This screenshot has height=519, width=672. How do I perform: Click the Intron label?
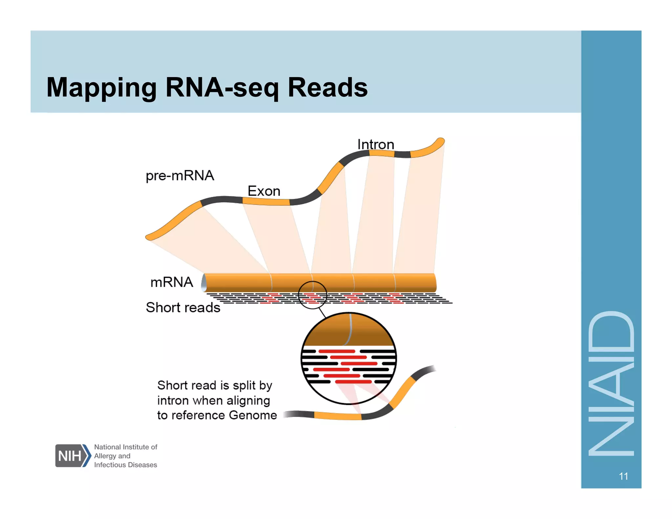tap(376, 144)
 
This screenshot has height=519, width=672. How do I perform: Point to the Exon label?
tap(264, 191)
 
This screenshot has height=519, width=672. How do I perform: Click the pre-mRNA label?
tap(180, 176)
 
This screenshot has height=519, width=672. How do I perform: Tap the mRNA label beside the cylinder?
tap(172, 282)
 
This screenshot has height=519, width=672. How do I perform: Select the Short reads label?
tap(183, 307)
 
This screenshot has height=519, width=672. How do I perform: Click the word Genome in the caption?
tap(253, 415)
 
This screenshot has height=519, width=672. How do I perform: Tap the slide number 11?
tap(623, 476)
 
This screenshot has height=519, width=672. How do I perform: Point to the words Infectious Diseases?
tap(125, 465)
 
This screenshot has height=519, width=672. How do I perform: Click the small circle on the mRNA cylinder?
tap(312, 295)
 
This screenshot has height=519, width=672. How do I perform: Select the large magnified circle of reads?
tap(349, 358)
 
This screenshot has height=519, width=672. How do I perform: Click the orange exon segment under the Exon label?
tap(266, 201)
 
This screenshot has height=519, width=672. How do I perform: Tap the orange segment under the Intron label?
tap(382, 153)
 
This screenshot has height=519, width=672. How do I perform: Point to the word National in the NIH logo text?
tap(107, 447)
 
